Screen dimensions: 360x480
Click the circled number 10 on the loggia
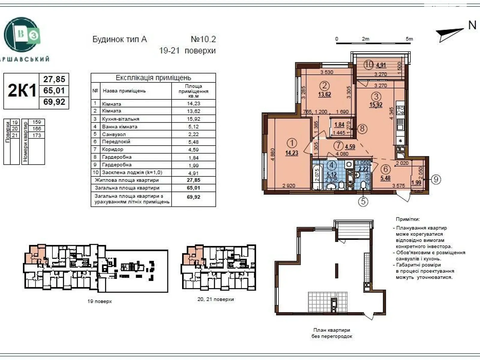(369, 64)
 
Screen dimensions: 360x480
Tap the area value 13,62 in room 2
(325, 94)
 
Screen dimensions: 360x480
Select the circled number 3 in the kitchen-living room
(376, 97)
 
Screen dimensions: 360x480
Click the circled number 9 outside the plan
(436, 179)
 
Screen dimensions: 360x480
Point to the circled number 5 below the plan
(363, 201)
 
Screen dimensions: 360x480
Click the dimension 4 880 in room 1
(272, 154)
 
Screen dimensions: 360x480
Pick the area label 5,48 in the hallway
(385, 178)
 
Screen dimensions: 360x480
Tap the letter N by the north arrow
(472, 25)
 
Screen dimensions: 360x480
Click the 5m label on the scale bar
(409, 39)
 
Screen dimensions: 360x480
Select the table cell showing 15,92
(194, 119)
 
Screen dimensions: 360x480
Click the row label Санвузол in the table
(114, 134)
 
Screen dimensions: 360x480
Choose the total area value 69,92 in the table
(193, 197)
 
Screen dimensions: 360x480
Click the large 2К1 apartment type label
(22, 90)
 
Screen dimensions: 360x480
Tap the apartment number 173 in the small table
(37, 135)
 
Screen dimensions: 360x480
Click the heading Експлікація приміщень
(153, 78)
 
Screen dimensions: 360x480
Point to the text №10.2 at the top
(203, 39)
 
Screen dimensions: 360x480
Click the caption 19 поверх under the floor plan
(100, 301)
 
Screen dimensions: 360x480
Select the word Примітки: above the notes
(408, 219)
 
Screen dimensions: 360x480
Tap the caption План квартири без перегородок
(331, 333)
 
